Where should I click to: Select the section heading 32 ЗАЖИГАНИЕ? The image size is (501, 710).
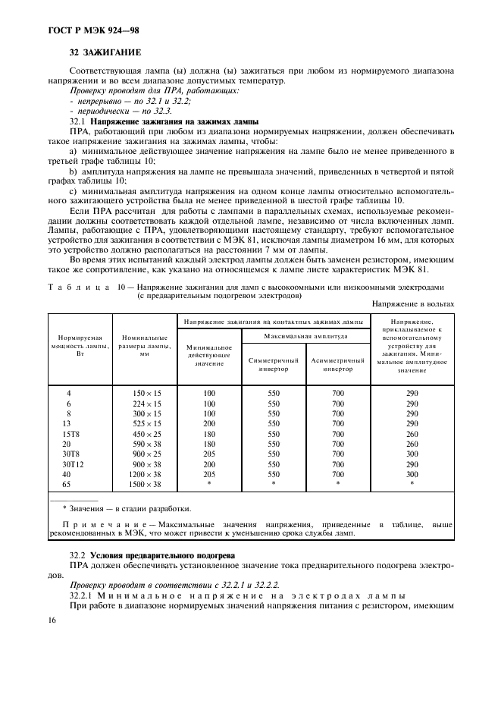click(105, 52)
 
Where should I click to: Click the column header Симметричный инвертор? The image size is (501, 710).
click(274, 364)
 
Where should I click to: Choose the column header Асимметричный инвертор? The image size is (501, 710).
click(337, 364)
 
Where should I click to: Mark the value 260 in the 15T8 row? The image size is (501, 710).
click(412, 433)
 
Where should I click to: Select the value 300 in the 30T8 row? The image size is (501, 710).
click(412, 453)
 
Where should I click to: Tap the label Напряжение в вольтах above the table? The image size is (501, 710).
click(413, 303)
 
